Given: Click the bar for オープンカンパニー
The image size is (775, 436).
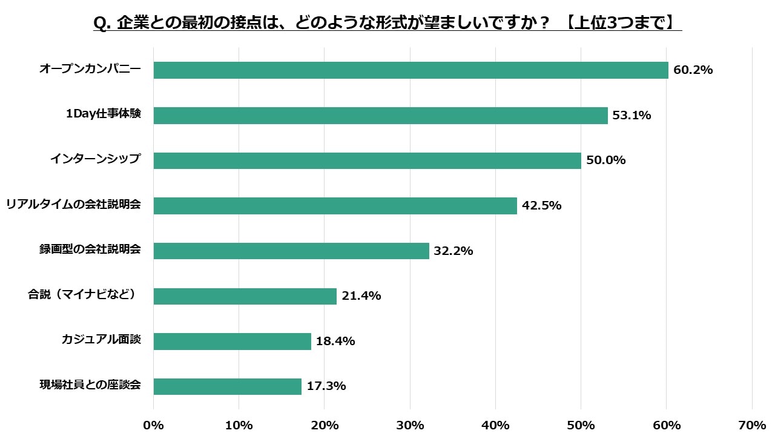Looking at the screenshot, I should pyautogui.click(x=411, y=70).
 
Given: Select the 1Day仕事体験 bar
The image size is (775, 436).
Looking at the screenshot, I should pyautogui.click(x=380, y=116).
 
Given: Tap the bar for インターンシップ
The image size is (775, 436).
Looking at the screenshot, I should pyautogui.click(x=367, y=160).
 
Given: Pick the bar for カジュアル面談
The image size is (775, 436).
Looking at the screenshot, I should pyautogui.click(x=232, y=342).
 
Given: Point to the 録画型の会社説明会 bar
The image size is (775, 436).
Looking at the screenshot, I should pyautogui.click(x=291, y=251).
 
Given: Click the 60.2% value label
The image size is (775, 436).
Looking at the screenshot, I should pyautogui.click(x=693, y=70).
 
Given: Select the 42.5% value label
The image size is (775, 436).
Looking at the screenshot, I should pyautogui.click(x=541, y=206).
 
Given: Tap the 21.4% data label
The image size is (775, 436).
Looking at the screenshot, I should pyautogui.click(x=361, y=296).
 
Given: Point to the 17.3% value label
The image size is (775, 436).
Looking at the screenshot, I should pyautogui.click(x=326, y=386).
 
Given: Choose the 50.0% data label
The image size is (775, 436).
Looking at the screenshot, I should pyautogui.click(x=605, y=160).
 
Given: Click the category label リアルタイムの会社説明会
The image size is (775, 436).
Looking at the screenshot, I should pyautogui.click(x=73, y=205).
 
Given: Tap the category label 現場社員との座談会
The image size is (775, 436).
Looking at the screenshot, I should pyautogui.click(x=90, y=385).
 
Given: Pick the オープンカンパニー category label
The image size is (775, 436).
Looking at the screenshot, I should pyautogui.click(x=90, y=69).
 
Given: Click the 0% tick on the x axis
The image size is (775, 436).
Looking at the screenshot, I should pyautogui.click(x=154, y=425).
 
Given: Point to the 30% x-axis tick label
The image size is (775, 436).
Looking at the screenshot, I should pyautogui.click(x=411, y=425).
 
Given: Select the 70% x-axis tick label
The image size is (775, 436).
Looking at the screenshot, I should pyautogui.click(x=753, y=425).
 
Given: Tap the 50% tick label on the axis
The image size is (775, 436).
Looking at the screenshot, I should pyautogui.click(x=581, y=425).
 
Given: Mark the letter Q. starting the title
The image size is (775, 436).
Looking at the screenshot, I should pyautogui.click(x=101, y=23).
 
